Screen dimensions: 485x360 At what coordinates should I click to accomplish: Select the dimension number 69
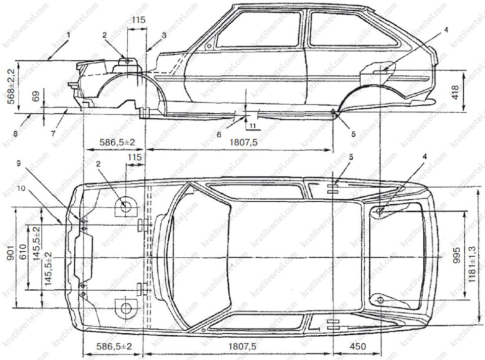tap(35, 97)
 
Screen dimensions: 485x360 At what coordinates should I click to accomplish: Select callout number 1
tap(69, 35)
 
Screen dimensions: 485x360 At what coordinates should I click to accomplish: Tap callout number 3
tap(164, 35)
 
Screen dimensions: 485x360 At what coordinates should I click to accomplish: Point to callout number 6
tap(219, 135)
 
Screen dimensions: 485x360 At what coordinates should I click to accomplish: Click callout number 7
tap(53, 133)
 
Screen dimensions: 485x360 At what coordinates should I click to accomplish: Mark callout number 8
tap(15, 134)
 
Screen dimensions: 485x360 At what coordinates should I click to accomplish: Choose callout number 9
tap(19, 163)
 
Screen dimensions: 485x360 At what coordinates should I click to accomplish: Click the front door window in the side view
tap(258, 30)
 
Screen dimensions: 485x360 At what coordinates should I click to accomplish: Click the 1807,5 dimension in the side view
tap(244, 143)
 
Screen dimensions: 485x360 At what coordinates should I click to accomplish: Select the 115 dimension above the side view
tap(138, 20)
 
